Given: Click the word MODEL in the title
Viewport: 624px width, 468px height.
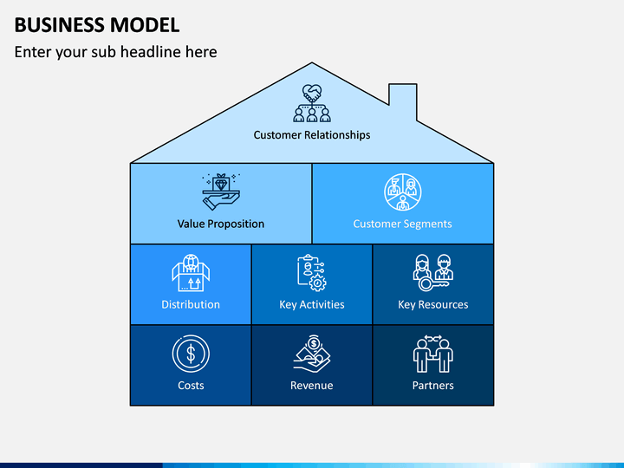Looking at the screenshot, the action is tap(145, 25).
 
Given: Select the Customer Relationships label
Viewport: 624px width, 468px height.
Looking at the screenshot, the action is tap(312, 135).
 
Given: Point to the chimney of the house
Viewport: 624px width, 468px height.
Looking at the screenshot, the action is tap(403, 100).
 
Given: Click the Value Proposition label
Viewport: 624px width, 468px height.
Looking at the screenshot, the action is tap(221, 224).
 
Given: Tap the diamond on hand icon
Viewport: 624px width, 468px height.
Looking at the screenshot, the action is tap(221, 192).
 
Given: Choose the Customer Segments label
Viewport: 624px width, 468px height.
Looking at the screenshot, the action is tap(402, 224).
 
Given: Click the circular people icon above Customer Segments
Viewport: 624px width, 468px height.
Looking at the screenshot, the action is tap(403, 192).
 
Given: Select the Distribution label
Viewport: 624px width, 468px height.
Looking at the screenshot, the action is tap(191, 304).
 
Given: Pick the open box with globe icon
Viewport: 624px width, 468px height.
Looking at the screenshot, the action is tap(191, 273).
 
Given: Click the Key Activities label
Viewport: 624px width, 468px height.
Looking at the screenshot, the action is tap(312, 304).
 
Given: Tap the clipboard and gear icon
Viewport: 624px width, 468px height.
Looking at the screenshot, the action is tap(312, 273).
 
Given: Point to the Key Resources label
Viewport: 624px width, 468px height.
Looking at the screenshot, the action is tap(433, 304).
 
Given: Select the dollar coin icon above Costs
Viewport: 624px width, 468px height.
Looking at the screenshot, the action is tap(191, 354).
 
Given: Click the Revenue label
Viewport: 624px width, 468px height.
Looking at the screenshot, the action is tap(312, 385).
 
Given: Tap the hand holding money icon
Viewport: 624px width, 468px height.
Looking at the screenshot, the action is tap(312, 354).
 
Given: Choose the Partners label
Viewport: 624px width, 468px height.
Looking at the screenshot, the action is tap(433, 385).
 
